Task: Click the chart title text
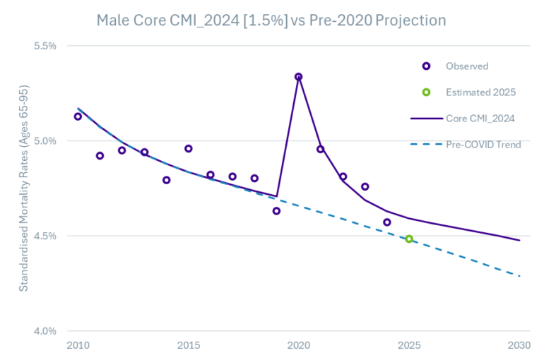271,20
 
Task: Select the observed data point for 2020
298,76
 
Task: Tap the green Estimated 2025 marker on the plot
408,239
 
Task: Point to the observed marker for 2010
78,116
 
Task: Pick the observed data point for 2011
100,155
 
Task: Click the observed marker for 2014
166,180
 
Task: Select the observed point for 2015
188,148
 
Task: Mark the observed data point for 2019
276,210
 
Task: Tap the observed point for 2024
386,222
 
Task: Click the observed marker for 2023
365,186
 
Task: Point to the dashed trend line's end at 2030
519,275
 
